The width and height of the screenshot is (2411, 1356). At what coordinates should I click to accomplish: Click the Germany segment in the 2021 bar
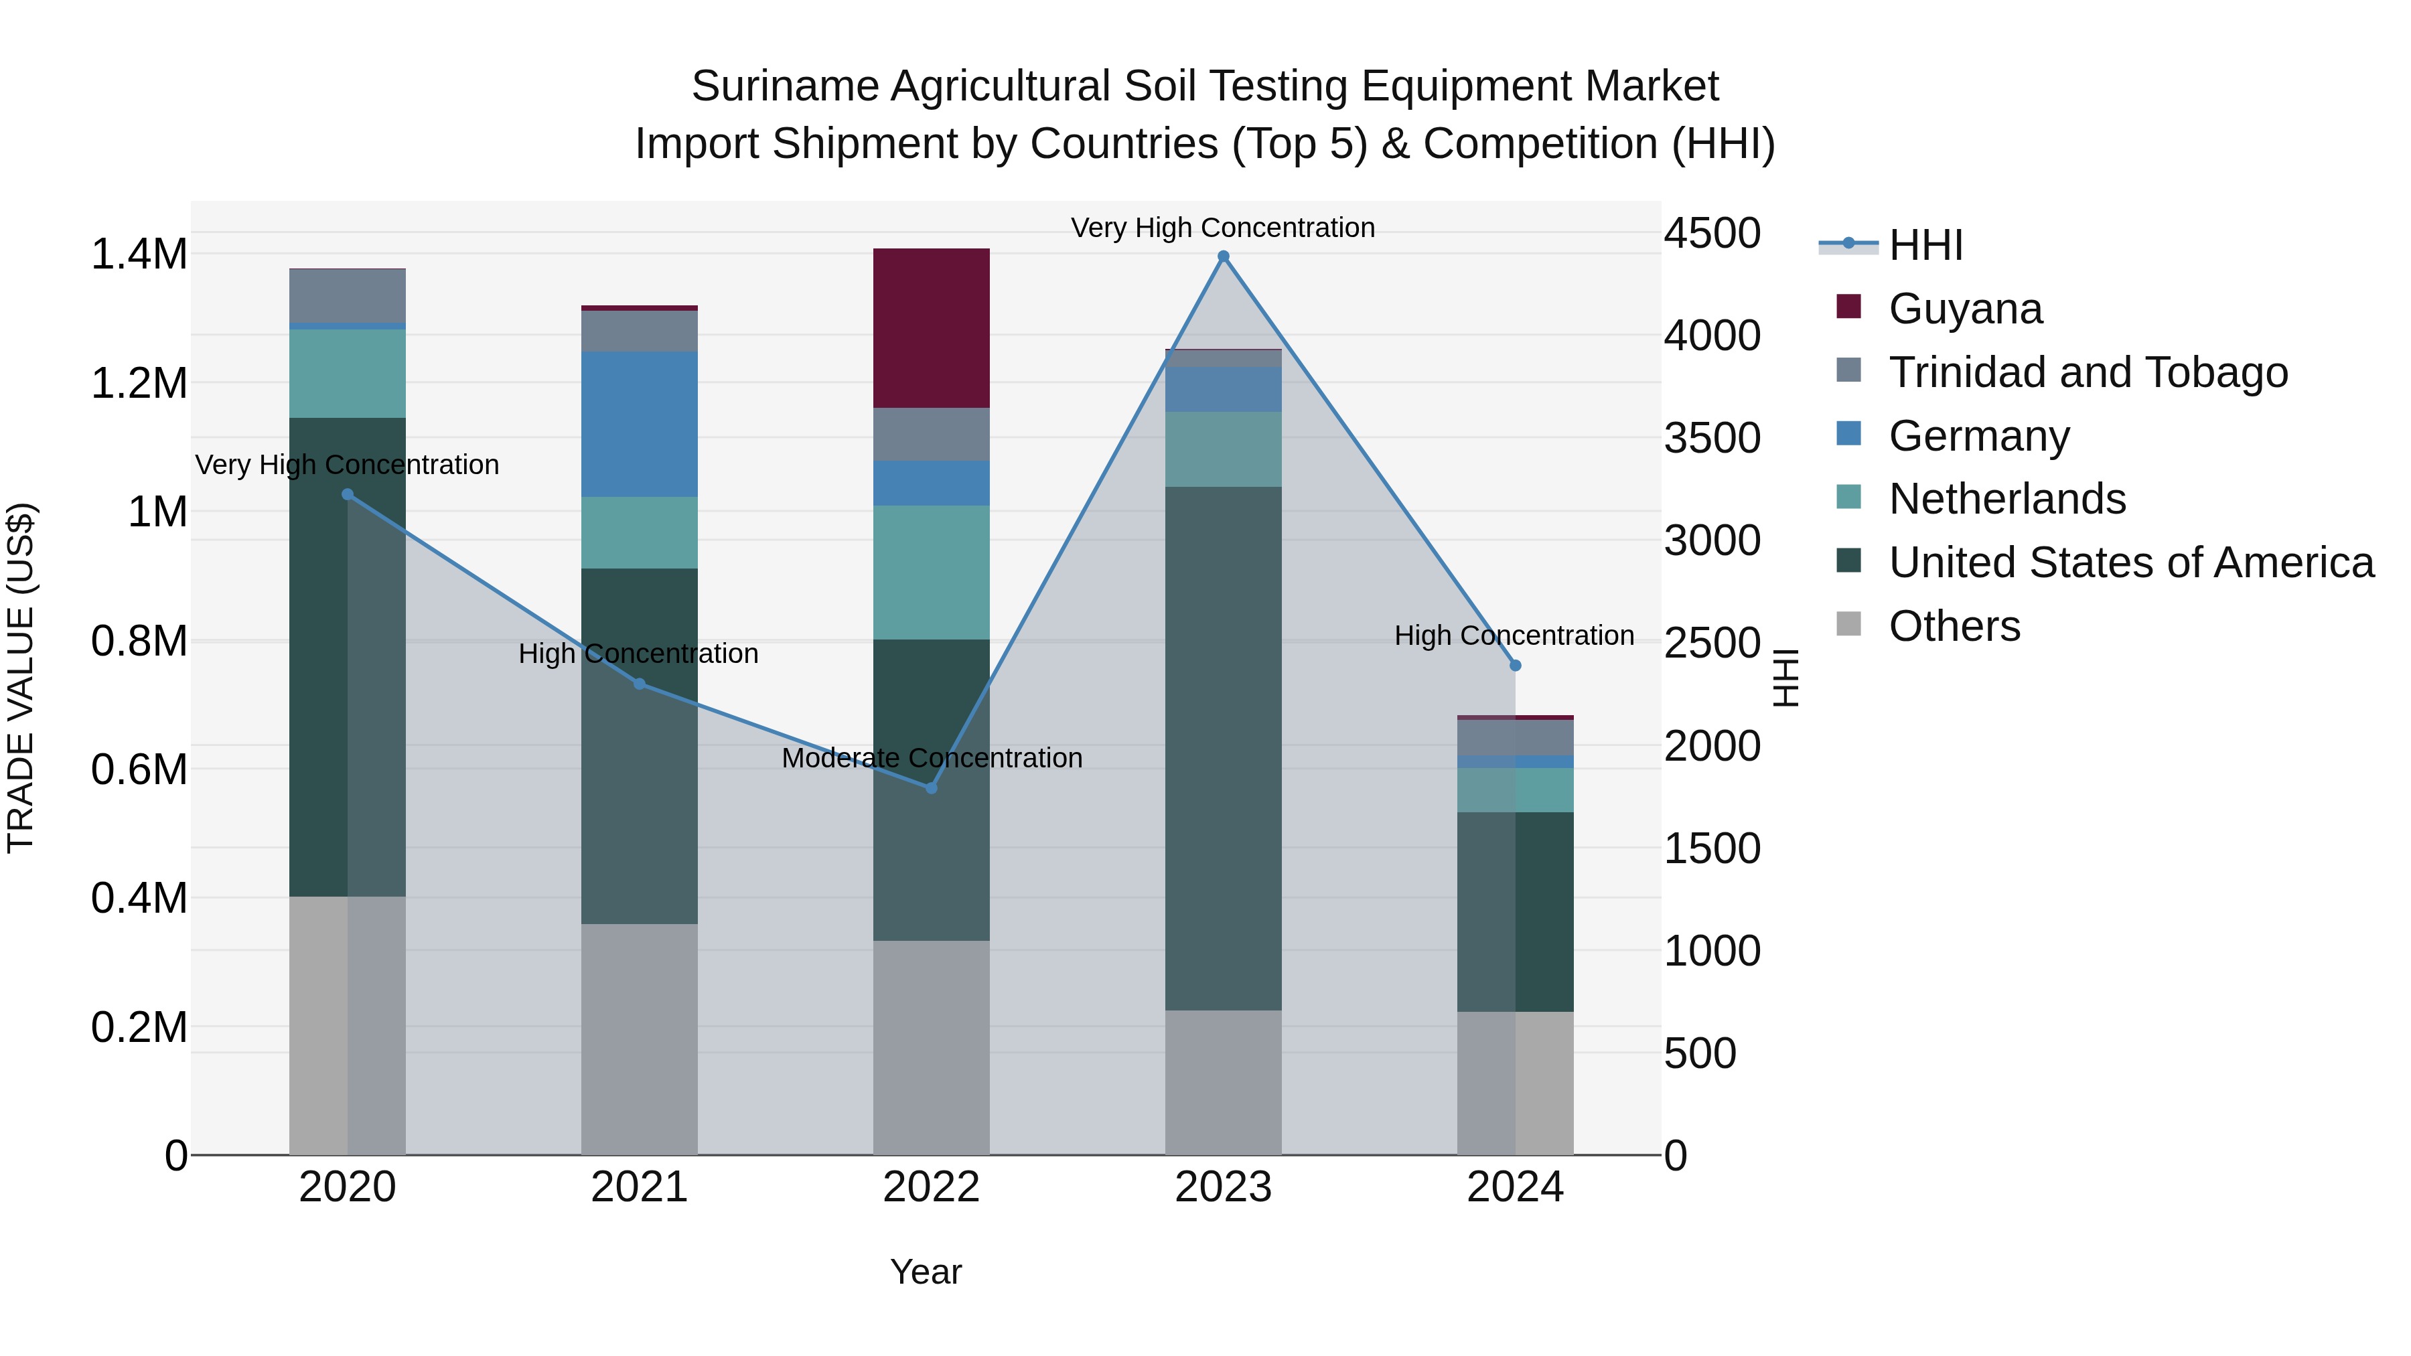[640, 424]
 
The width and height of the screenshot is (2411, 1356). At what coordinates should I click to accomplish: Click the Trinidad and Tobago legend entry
[2087, 372]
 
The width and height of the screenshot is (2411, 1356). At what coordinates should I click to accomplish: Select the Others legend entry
[1954, 626]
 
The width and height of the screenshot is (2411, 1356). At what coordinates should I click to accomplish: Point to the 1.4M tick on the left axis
[139, 254]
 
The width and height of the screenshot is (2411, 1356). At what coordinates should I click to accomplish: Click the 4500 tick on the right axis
[1712, 233]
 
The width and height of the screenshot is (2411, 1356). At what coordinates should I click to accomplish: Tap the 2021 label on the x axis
[640, 1187]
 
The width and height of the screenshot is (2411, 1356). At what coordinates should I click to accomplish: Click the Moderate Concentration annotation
[932, 758]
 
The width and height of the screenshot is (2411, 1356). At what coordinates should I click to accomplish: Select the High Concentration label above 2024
[1514, 635]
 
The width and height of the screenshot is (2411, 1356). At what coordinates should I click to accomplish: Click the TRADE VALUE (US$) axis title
[21, 678]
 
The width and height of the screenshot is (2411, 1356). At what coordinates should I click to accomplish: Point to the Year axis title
[926, 1272]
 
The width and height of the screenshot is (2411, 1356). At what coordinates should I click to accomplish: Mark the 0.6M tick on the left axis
[139, 769]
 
